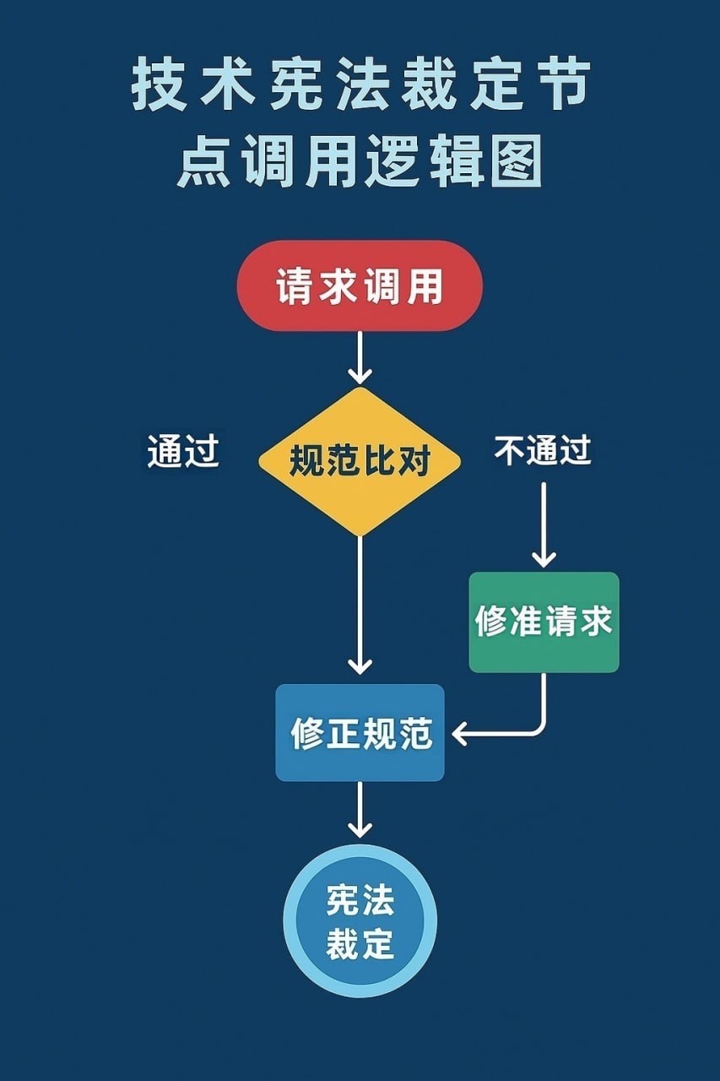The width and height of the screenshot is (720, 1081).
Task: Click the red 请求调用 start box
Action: point(360,288)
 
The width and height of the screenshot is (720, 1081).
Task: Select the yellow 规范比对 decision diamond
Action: point(360,461)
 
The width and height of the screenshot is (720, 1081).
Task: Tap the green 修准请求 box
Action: point(544,622)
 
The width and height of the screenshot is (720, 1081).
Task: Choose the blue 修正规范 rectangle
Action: point(360,732)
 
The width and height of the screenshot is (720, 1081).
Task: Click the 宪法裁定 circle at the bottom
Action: point(360,921)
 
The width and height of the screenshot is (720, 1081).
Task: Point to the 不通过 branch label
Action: point(543,452)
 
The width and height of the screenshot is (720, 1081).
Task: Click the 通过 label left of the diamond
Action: point(183,452)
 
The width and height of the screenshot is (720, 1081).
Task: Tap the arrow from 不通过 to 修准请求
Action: point(544,524)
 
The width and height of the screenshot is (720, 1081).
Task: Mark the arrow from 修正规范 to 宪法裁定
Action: point(360,811)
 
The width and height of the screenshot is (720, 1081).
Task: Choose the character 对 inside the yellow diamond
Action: point(414,462)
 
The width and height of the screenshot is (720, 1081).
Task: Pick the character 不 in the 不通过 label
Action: point(510,452)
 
